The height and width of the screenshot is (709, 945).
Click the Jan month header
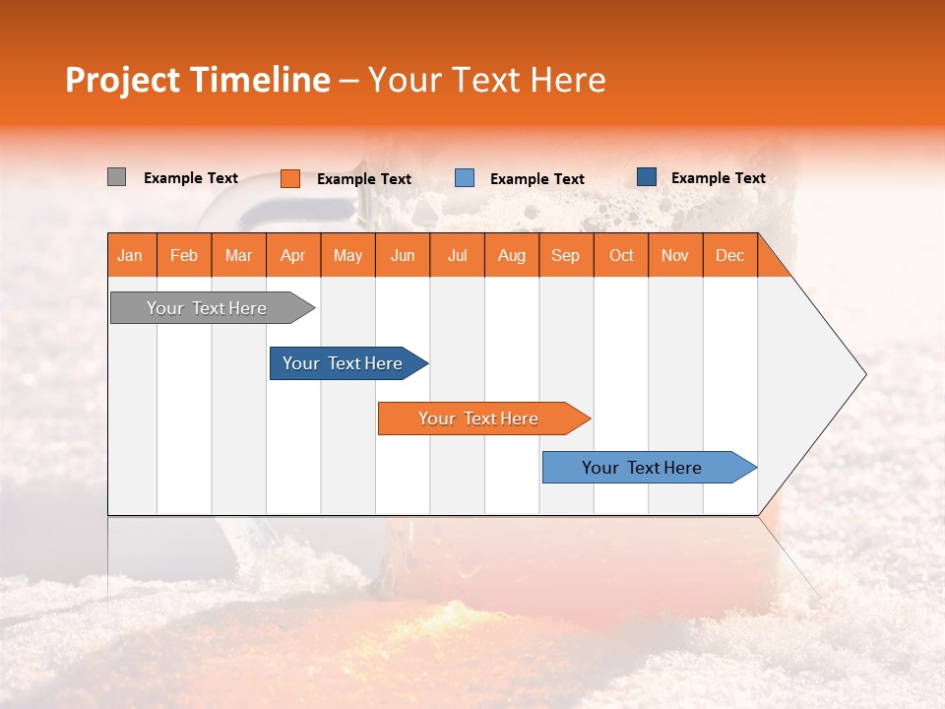130,255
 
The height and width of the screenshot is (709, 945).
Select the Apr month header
293,255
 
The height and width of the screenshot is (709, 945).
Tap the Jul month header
457,255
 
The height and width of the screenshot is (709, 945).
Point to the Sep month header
566,255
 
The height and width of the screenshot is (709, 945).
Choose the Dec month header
729,255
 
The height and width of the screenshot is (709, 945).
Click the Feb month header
184,255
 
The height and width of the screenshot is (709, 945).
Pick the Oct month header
621,255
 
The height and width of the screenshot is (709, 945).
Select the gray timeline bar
208,308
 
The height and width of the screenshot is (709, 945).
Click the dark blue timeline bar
344,363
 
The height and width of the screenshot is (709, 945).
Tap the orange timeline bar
479,419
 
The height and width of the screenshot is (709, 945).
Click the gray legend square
116,177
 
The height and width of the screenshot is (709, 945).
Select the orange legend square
289,178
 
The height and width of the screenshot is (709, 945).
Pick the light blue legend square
465,178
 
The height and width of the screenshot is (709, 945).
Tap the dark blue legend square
646,177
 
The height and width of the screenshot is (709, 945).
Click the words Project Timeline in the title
197,80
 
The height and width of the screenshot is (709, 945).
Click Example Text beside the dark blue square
719,177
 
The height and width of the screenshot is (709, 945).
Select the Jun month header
403,255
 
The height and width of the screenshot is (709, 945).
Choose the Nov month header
675,255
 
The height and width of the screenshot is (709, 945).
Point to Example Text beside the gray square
191,177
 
